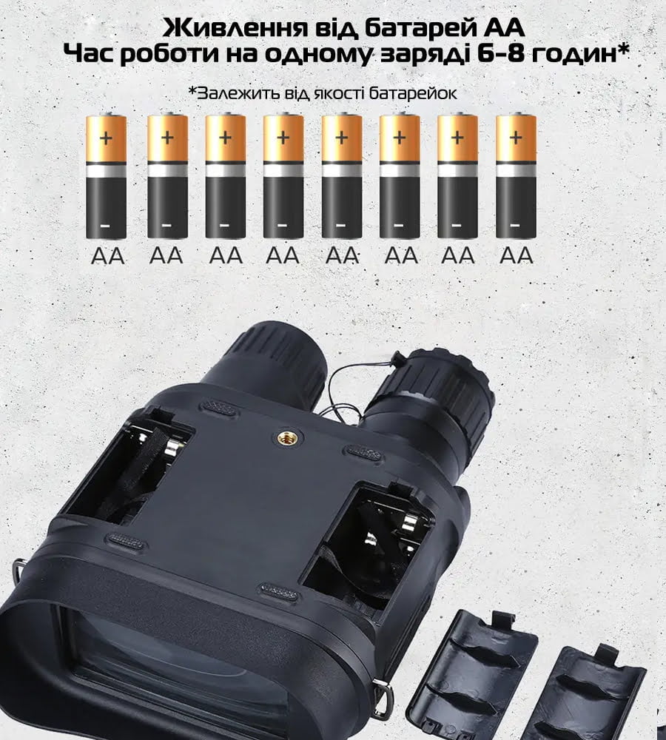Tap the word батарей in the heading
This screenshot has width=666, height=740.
pos(410,29)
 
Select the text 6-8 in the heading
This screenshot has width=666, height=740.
pos(498,55)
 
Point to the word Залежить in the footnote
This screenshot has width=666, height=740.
pos(239,93)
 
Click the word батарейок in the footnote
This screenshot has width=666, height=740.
pos(412,93)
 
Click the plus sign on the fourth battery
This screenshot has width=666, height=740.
pos(283,138)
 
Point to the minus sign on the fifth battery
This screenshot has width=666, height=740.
pos(340,226)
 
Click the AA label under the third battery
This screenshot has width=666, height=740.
pos(226,256)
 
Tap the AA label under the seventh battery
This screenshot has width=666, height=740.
pos(458,256)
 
